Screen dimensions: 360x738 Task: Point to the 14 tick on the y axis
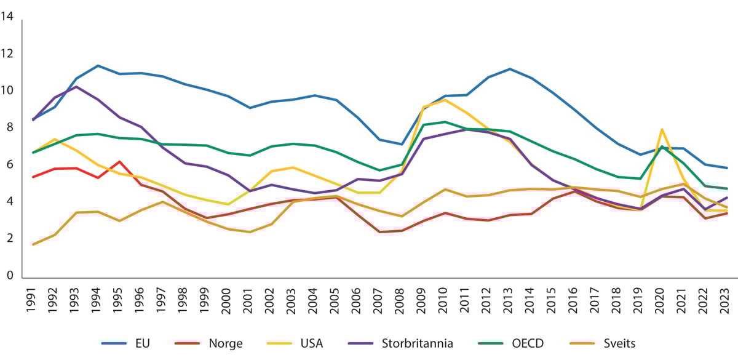(x=8, y=17)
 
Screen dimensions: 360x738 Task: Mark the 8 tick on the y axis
(x=8, y=127)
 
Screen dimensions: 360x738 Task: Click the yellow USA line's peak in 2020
(x=661, y=129)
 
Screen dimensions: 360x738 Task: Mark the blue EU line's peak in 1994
(x=98, y=65)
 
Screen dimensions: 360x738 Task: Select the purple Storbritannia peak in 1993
(x=76, y=87)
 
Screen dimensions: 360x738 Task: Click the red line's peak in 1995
(x=119, y=161)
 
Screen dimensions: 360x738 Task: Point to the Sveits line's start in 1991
(x=33, y=244)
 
